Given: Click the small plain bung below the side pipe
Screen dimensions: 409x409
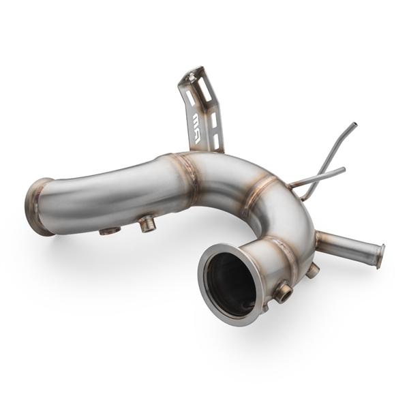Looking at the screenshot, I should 312,271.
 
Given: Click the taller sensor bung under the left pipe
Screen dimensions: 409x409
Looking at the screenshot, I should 147,223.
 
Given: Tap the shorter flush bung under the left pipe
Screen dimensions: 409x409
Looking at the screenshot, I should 110,230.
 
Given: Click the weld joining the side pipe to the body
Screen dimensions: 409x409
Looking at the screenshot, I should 318,239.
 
